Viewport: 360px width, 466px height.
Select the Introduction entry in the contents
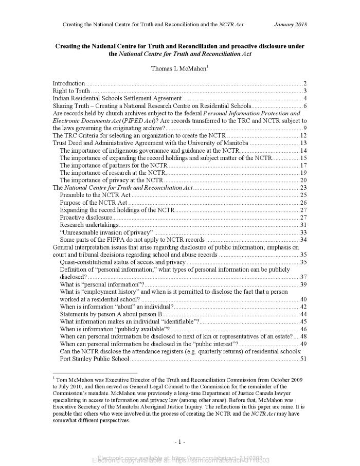69,83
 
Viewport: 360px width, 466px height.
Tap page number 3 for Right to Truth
305,91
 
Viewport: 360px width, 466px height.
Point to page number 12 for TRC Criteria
303,135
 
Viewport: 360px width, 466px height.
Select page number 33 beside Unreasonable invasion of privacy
303,232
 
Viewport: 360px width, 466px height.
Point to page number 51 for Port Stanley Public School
303,359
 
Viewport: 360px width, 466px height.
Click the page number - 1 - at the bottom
179,441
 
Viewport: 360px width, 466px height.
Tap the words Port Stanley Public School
94,359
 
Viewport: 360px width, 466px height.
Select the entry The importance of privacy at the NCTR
111,180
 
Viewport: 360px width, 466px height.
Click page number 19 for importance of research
303,173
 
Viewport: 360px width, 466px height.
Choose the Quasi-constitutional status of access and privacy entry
122,262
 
